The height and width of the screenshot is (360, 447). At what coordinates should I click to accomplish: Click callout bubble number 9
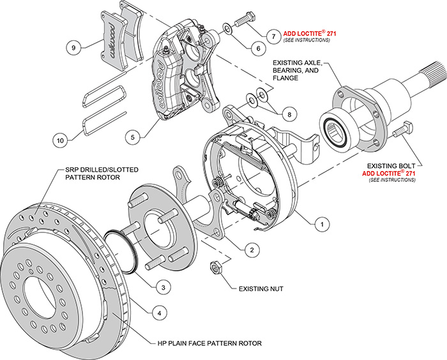pos(74,47)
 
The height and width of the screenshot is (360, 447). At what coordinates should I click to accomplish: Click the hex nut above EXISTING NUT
pos(216,268)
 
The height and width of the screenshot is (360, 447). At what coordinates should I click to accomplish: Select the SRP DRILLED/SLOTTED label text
pos(102,173)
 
